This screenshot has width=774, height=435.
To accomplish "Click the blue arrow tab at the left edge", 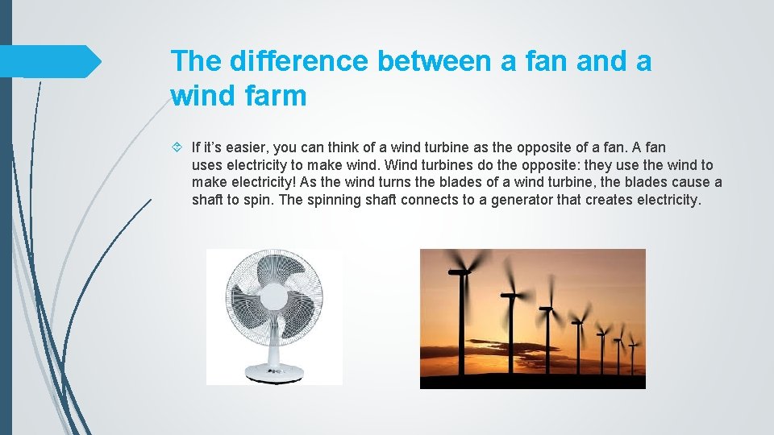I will tap(48, 61).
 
